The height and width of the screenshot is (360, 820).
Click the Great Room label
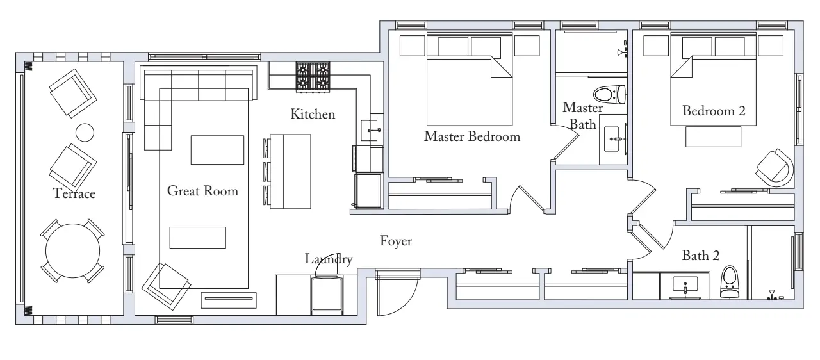[x=202, y=191]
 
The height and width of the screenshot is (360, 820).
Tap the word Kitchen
[x=313, y=114]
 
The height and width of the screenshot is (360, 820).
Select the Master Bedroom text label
[x=472, y=136]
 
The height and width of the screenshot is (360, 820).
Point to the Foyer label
[x=396, y=241]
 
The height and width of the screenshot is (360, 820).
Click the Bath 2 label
[x=701, y=256]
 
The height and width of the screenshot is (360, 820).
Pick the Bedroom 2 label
[x=714, y=111]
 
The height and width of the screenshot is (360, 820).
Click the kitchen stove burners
[x=313, y=76]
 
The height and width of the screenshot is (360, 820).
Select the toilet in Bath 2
[x=729, y=282]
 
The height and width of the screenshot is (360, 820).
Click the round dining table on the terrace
[x=73, y=251]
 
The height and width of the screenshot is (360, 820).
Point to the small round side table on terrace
[x=85, y=132]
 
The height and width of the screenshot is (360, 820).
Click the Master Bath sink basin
[x=612, y=139]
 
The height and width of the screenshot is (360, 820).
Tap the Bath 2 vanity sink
[x=685, y=284]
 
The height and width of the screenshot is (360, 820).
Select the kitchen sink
[x=370, y=131]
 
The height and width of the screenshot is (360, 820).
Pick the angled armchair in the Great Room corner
[x=167, y=286]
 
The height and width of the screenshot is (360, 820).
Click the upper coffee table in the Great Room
[x=217, y=150]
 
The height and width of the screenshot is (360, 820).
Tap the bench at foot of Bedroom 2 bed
[x=713, y=137]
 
